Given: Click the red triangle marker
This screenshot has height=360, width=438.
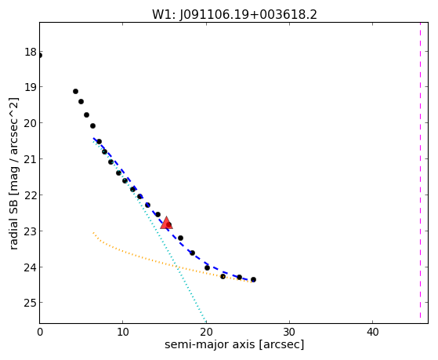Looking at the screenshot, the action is click(166, 223).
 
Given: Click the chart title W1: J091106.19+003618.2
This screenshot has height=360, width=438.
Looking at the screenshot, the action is click(234, 14).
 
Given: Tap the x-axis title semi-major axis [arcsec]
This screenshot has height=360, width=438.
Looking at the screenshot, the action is click(234, 344).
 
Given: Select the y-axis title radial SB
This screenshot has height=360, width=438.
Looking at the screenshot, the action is click(13, 221).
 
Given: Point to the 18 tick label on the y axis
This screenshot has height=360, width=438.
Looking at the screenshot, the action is click(31, 52).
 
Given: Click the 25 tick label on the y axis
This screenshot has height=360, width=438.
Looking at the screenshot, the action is click(31, 303).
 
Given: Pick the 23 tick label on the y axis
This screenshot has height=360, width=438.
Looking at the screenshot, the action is click(31, 231).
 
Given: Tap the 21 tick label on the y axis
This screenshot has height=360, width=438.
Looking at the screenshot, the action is click(31, 159).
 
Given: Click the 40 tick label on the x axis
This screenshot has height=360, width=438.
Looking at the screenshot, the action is click(373, 332).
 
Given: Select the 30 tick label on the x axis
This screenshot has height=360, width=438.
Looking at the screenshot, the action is click(289, 332).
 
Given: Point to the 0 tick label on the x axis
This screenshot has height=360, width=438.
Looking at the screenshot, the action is click(40, 332).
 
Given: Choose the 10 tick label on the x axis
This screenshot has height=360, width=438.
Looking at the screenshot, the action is click(123, 332).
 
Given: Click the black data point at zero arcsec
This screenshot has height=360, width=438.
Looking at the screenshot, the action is click(40, 56).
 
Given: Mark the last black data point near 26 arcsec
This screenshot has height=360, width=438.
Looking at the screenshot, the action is click(253, 279).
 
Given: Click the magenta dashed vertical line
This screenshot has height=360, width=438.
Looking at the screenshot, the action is click(420, 170).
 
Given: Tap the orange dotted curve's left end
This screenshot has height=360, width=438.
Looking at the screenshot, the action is click(93, 232).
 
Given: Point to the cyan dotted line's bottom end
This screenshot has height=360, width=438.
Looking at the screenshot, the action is click(205, 321).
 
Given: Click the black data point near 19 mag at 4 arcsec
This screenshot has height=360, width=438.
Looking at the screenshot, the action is click(75, 91).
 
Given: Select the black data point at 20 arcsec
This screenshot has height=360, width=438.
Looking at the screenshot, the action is click(207, 267).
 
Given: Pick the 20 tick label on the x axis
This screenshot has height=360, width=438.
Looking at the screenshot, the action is click(206, 332).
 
